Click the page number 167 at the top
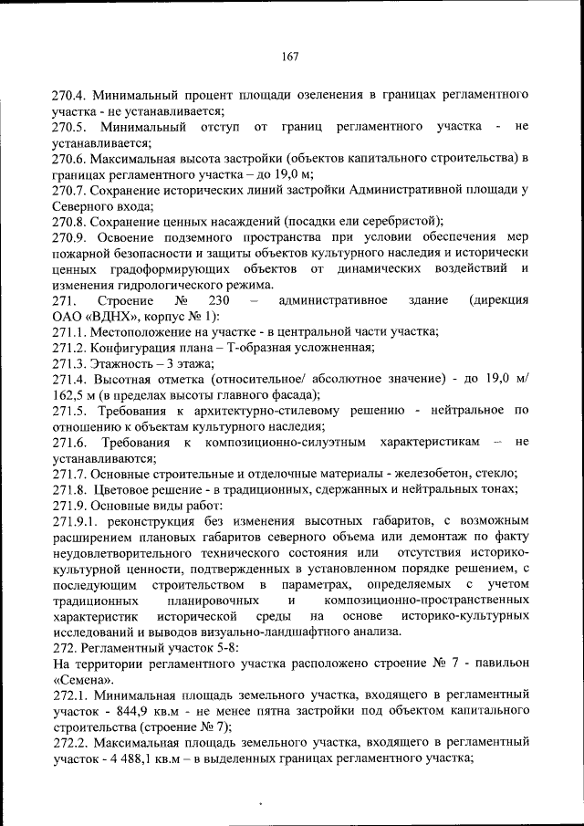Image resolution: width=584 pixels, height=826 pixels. tap(291, 57)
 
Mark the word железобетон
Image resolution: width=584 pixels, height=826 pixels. tap(442, 473)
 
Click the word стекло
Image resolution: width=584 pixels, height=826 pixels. tap(497, 473)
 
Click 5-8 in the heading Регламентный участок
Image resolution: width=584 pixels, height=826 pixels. tap(224, 646)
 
